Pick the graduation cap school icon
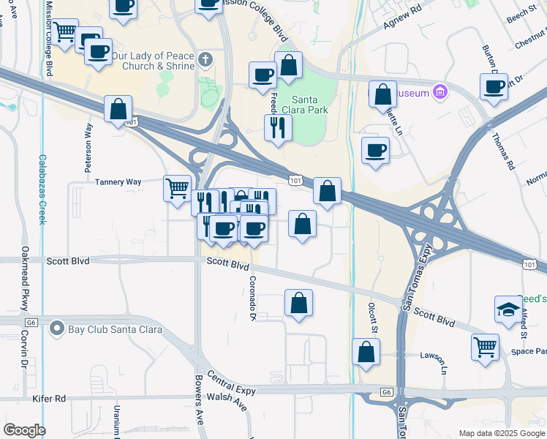click(508, 310)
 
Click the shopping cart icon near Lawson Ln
click(485, 346)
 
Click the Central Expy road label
click(233, 388)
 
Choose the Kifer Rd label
click(49, 399)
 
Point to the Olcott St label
click(373, 320)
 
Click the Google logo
click(24, 430)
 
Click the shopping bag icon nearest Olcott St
click(366, 352)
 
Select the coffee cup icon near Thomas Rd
click(494, 87)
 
